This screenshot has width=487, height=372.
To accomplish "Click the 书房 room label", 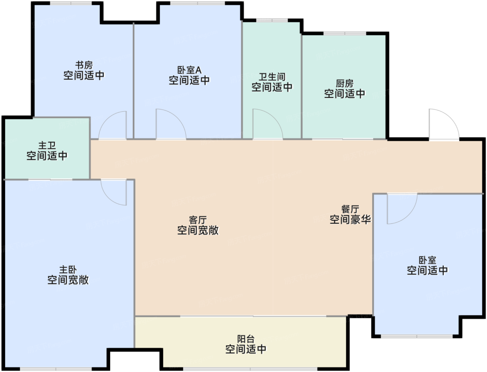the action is point(84,65).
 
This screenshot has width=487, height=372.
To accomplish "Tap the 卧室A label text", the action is point(189,70).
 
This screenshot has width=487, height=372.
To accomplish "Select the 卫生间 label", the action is point(272,77).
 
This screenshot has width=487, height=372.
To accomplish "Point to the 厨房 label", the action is point(344,83).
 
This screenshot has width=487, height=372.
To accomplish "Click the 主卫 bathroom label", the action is point(47,146).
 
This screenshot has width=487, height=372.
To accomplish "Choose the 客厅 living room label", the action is point(198,220).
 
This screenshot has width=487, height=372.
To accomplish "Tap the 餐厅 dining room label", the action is point(350,209).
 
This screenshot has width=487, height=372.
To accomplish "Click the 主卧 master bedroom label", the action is point(68,270).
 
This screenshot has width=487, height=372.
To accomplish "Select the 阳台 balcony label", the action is point(246,339).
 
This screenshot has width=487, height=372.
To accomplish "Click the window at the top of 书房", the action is point(71,3).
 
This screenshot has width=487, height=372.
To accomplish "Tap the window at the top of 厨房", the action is point(345,33).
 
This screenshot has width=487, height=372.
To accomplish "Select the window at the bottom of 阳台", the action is point(250,369).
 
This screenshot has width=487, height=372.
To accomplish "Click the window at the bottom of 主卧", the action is point(56,369).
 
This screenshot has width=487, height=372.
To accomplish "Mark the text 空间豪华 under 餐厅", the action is point(350,220).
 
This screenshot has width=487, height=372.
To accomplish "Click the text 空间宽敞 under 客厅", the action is point(198,230).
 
